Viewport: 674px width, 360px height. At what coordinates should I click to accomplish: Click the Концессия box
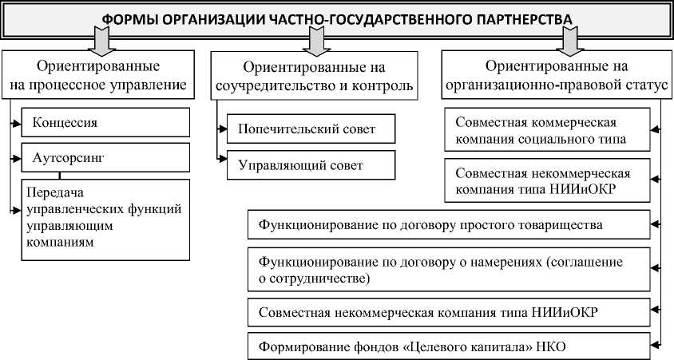[106, 123]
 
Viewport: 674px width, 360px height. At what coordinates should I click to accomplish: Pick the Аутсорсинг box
[106, 158]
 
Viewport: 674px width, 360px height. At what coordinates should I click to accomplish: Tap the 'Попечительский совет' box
[311, 129]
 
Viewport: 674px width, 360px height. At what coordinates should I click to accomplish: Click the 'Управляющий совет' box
[311, 165]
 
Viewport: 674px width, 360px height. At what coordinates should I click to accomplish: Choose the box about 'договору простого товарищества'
[450, 226]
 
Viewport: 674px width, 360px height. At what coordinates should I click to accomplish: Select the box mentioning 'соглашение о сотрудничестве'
[450, 270]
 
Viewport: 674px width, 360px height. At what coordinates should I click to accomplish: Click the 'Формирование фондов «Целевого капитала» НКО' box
[450, 346]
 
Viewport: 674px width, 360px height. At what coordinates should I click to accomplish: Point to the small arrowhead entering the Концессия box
[17, 123]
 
